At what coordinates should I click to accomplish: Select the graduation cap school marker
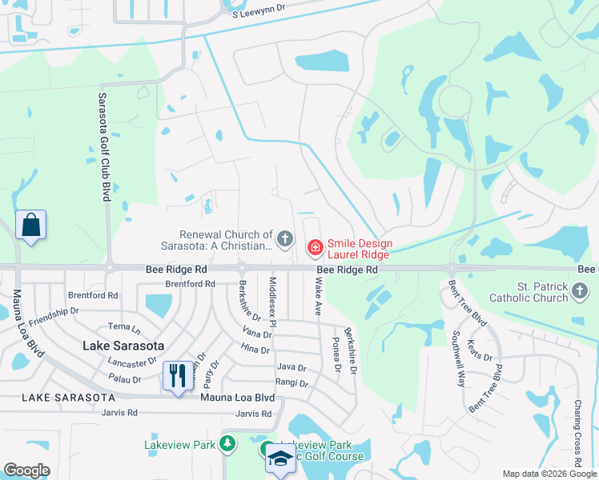click(280, 458)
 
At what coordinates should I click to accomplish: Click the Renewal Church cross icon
click(283, 238)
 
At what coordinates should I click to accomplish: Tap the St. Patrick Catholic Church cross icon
click(581, 293)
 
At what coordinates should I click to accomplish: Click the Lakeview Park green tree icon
click(227, 443)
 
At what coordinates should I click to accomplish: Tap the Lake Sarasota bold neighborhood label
click(123, 346)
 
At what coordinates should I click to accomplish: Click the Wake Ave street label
click(318, 297)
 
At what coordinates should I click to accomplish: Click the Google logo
click(26, 470)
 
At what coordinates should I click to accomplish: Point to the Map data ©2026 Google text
click(549, 474)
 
